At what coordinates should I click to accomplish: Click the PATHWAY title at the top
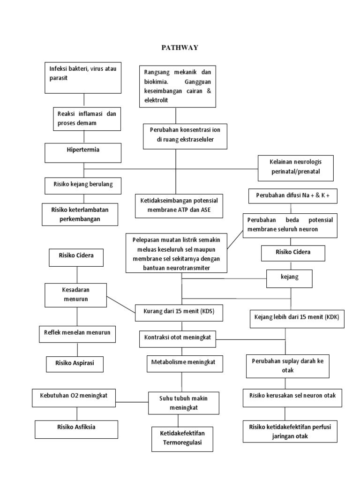[180, 47]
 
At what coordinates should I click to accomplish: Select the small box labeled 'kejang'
[289, 277]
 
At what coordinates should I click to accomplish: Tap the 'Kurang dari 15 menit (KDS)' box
[179, 311]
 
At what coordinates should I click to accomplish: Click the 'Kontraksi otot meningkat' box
[178, 337]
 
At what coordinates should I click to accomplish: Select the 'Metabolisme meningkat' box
[180, 363]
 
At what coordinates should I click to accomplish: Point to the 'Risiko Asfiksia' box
[76, 428]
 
